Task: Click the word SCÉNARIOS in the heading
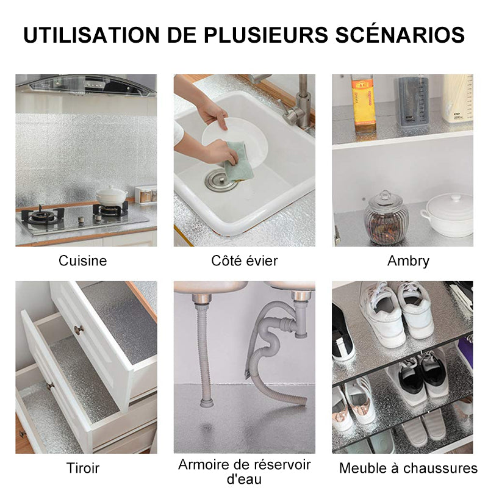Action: (400, 35)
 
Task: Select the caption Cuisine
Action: (83, 261)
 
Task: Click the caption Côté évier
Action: (245, 260)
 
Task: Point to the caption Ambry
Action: (408, 261)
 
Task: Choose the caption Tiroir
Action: (83, 468)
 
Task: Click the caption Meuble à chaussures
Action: (408, 468)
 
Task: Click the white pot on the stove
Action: (111, 195)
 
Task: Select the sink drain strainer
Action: (220, 180)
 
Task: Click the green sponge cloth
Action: (239, 161)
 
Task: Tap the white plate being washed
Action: (235, 143)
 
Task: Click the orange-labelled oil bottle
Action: (363, 104)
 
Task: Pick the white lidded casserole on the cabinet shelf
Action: (448, 215)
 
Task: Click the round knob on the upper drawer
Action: (79, 329)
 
